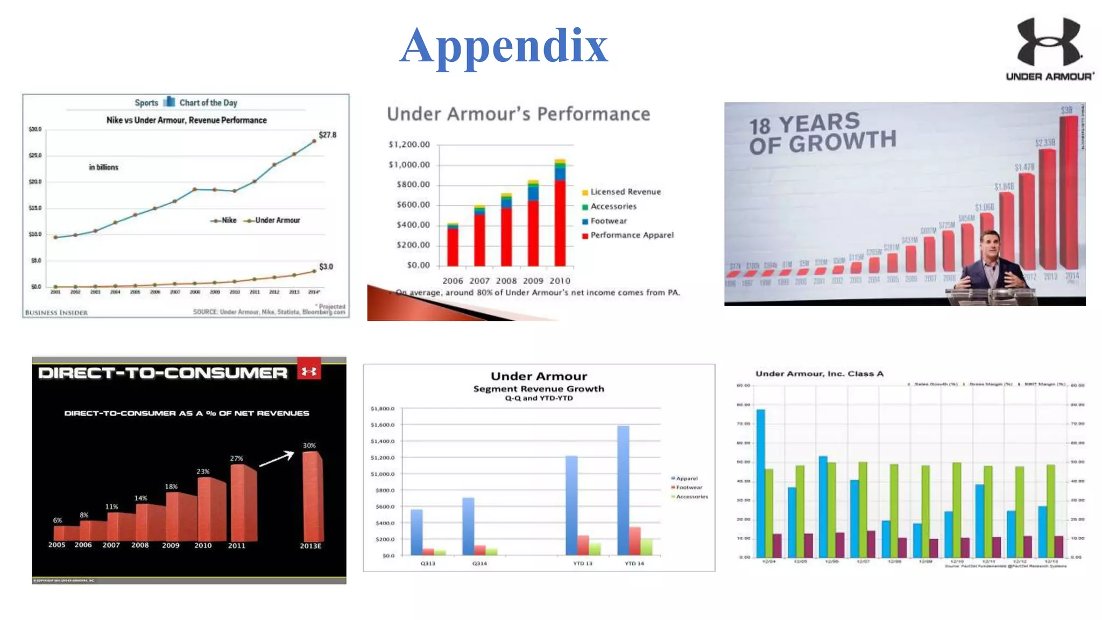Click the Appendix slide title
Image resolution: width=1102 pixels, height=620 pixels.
tap(504, 46)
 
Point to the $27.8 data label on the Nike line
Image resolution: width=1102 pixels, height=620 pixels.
tap(327, 135)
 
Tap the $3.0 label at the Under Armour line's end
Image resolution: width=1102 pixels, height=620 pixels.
tap(326, 266)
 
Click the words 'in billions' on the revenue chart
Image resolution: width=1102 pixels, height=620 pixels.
tap(103, 167)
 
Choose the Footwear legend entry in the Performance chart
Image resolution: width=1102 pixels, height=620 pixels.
tap(609, 221)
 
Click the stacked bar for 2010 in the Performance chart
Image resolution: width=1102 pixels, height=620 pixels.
tap(560, 215)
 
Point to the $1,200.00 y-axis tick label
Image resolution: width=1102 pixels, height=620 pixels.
tap(409, 144)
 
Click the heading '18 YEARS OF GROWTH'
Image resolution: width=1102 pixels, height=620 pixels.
tap(822, 133)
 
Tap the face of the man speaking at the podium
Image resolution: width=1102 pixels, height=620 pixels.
tap(990, 245)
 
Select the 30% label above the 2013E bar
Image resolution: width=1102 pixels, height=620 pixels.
tap(309, 446)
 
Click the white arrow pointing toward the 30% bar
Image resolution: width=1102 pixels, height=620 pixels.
tap(277, 459)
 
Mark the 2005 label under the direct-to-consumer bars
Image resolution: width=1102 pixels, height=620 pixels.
tap(56, 545)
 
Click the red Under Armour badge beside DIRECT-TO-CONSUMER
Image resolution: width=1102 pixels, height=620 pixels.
tap(309, 371)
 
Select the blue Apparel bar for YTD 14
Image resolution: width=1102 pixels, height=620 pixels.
tap(623, 490)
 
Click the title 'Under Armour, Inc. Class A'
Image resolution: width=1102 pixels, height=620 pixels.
tap(819, 374)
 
